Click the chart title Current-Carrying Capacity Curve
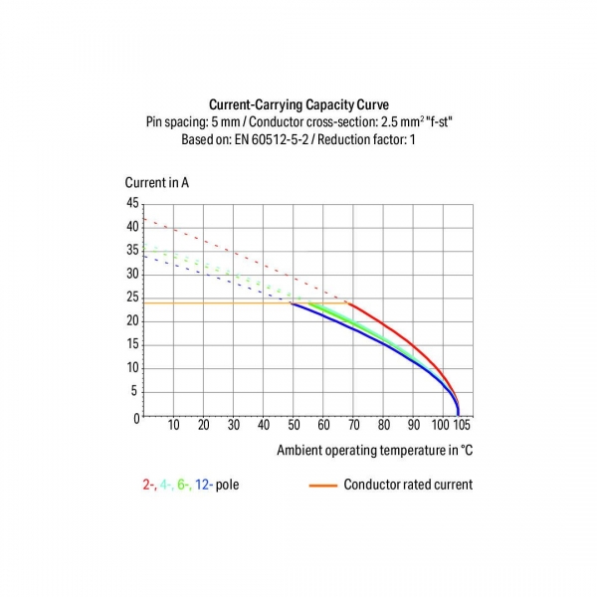(x=298, y=104)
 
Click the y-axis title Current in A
(x=157, y=182)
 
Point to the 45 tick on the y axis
(x=133, y=203)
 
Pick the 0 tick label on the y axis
(x=137, y=418)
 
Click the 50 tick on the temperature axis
(x=294, y=425)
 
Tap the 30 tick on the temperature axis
(x=234, y=425)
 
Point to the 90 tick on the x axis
(x=413, y=425)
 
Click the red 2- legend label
(x=148, y=486)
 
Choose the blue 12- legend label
(x=204, y=486)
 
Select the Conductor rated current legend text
(x=407, y=486)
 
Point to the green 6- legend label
(x=184, y=486)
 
